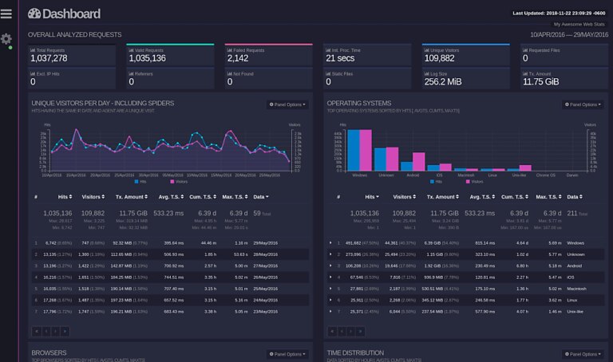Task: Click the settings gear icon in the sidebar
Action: [x=6, y=39]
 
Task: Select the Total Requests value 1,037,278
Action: [x=49, y=58]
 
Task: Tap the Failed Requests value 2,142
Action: [x=238, y=58]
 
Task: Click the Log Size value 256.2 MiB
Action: [x=445, y=81]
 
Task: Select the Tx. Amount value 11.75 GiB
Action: [x=540, y=81]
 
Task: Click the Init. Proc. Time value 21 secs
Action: [x=341, y=58]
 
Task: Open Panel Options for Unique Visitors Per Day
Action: [x=287, y=104]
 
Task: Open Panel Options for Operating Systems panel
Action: [x=582, y=104]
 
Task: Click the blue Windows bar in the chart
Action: [x=353, y=148]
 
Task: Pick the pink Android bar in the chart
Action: [x=418, y=159]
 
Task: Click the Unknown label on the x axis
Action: [x=386, y=175]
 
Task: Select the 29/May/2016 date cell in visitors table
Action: [x=264, y=242]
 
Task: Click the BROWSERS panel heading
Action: [x=49, y=352]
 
